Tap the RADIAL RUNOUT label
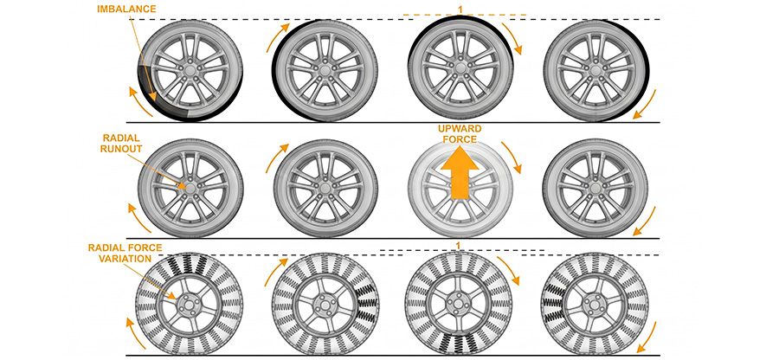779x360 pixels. click(121, 144)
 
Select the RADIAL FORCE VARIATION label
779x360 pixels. click(126, 253)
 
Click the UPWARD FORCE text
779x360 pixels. click(460, 134)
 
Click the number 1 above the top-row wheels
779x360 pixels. click(460, 9)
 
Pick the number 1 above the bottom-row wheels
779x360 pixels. click(458, 245)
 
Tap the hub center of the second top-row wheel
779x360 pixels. click(325, 71)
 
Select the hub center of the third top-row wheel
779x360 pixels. click(460, 68)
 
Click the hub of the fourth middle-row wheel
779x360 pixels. click(596, 187)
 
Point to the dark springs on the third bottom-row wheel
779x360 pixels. click(458, 342)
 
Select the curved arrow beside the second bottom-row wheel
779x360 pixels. click(274, 271)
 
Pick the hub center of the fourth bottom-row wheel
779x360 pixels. click(594, 305)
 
